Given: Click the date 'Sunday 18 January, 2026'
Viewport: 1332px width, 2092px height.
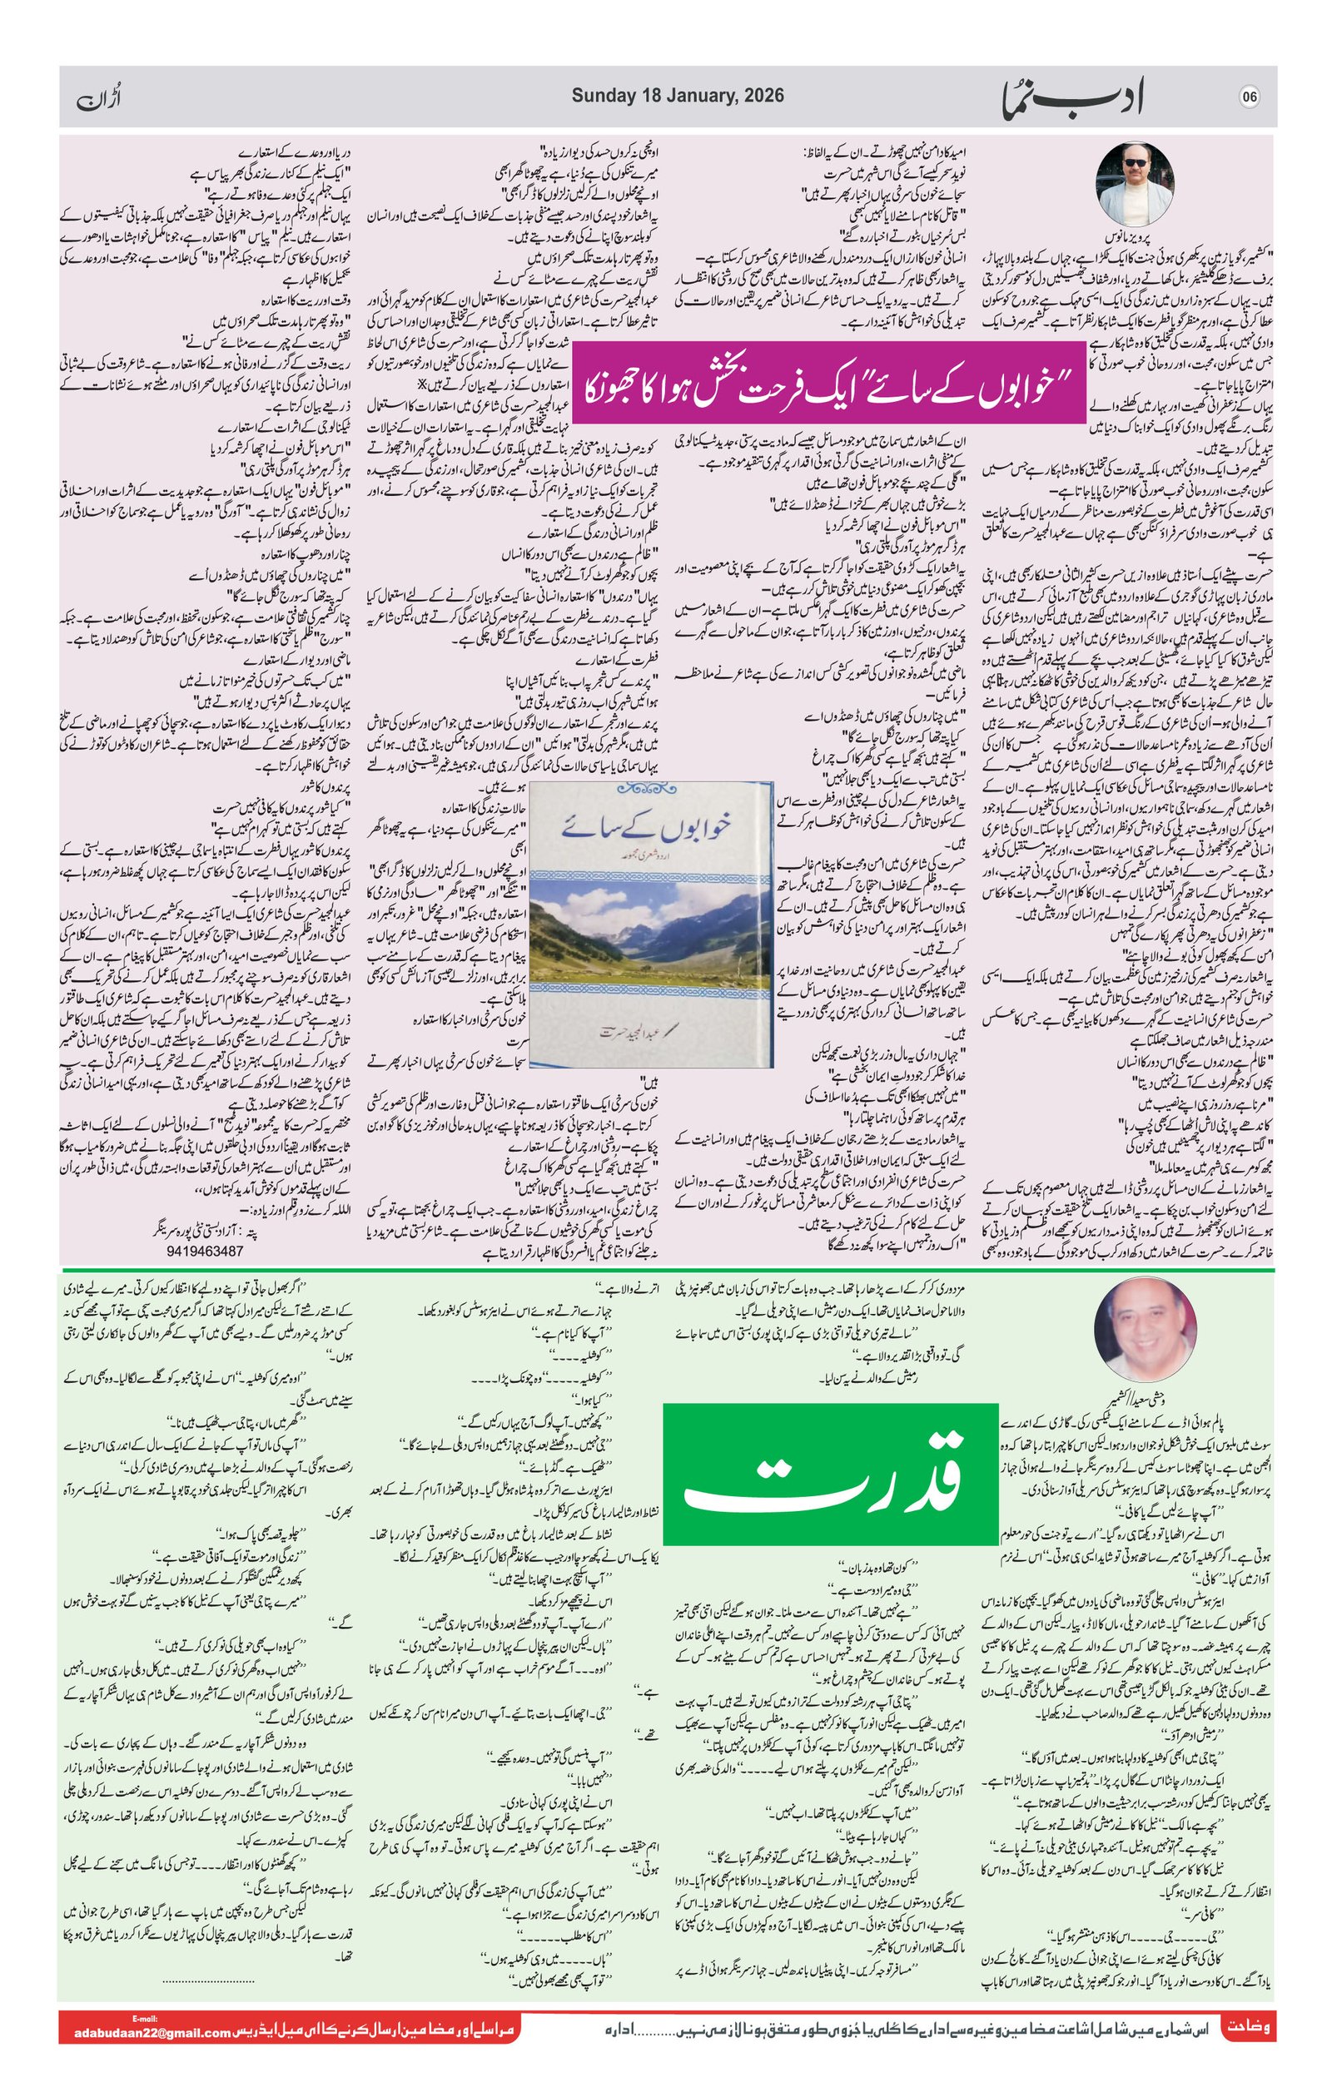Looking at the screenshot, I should pyautogui.click(x=677, y=96).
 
